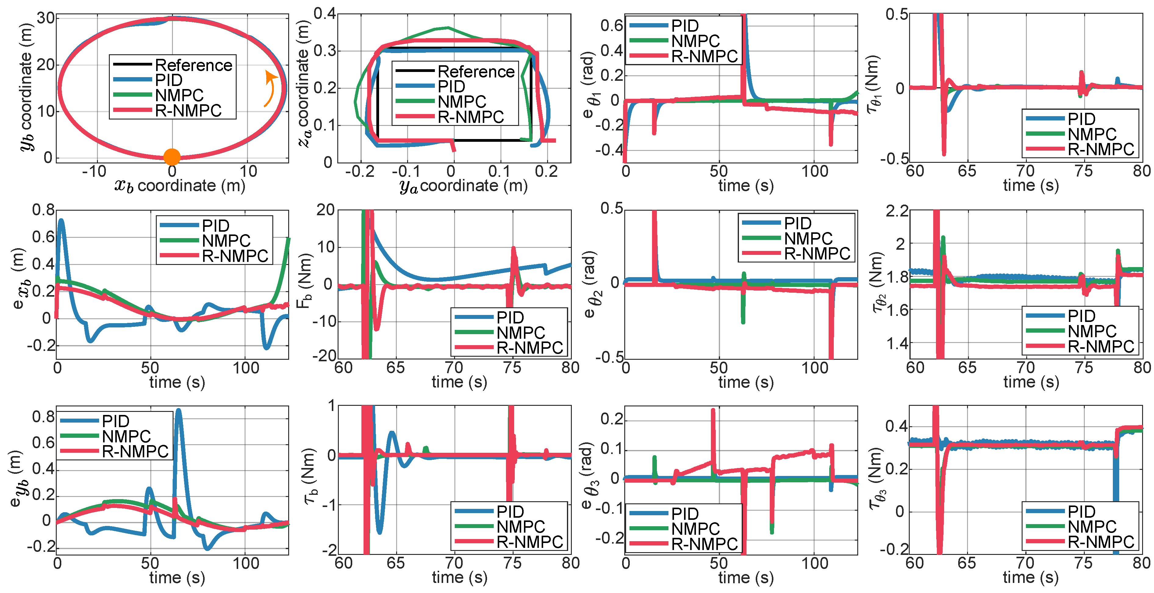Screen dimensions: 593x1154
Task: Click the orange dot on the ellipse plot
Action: tap(172, 157)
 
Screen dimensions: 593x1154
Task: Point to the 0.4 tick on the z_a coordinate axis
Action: tap(324, 13)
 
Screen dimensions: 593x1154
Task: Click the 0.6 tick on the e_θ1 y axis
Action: tap(611, 26)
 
